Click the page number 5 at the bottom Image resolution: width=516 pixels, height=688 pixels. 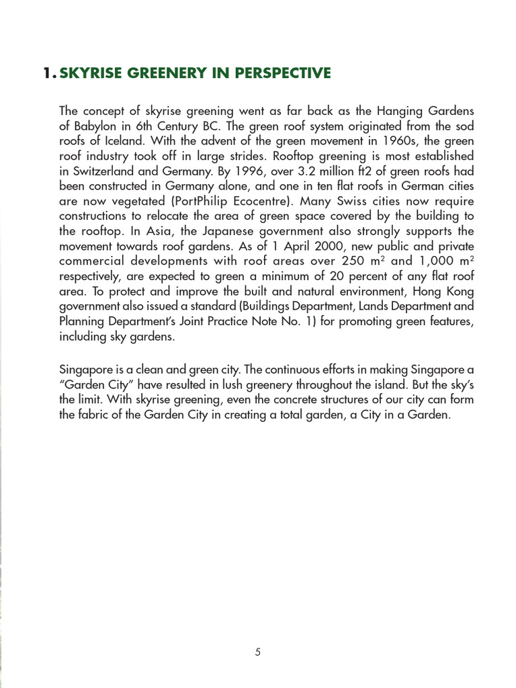point(258,652)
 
